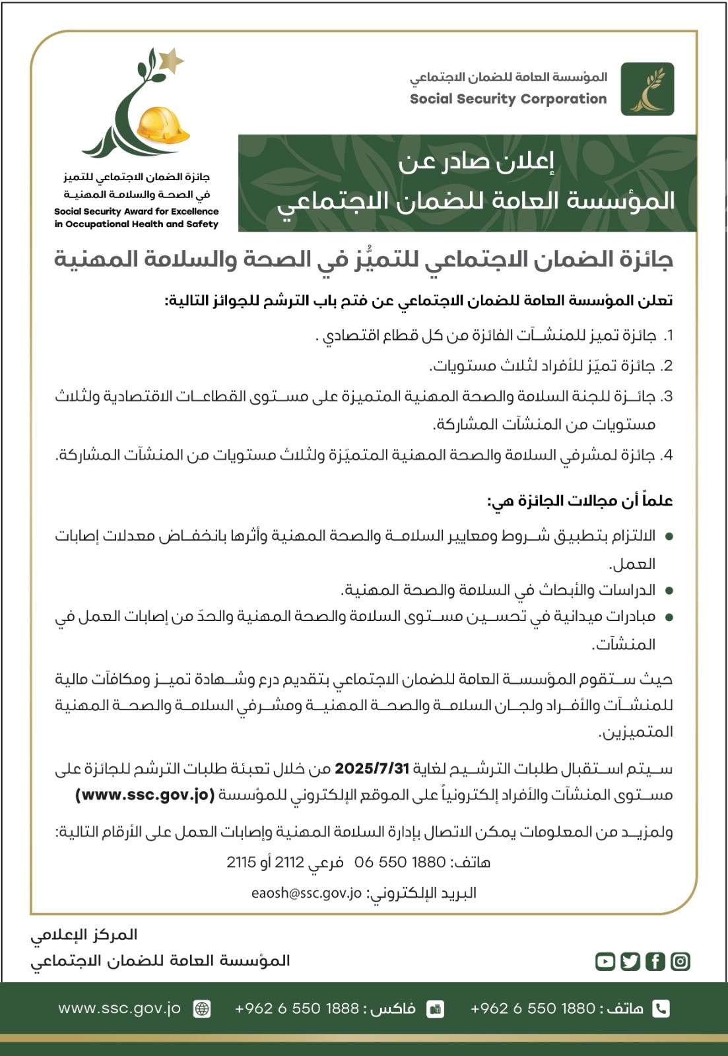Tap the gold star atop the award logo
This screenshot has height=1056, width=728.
(x=170, y=61)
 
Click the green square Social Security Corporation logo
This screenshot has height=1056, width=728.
(x=647, y=89)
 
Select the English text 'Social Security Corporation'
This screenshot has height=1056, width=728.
(x=508, y=99)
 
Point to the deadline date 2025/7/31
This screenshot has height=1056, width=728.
(x=372, y=769)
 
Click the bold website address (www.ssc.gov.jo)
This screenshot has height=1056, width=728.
(x=145, y=795)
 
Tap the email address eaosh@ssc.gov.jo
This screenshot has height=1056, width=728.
(x=306, y=893)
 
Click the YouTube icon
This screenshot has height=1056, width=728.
(x=605, y=961)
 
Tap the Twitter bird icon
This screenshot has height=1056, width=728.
(x=630, y=961)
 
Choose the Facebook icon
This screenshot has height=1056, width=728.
(x=655, y=961)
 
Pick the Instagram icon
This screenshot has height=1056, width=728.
(x=680, y=961)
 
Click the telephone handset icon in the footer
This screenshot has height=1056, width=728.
(x=660, y=1008)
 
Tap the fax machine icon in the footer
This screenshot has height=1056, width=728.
(x=436, y=1008)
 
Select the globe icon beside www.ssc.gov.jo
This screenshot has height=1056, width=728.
(x=202, y=1008)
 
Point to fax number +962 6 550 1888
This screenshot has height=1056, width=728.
(x=297, y=1008)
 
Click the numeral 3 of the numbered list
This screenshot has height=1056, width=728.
(x=668, y=397)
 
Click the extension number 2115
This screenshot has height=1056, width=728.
(x=241, y=862)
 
